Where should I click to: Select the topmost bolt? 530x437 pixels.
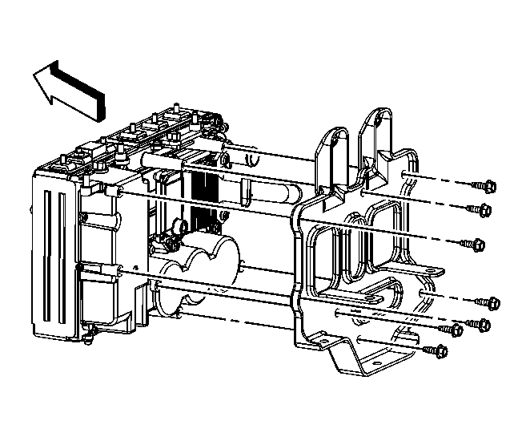[485, 186]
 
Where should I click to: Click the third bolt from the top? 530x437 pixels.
[476, 244]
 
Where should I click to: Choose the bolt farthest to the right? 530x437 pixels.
[491, 302]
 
